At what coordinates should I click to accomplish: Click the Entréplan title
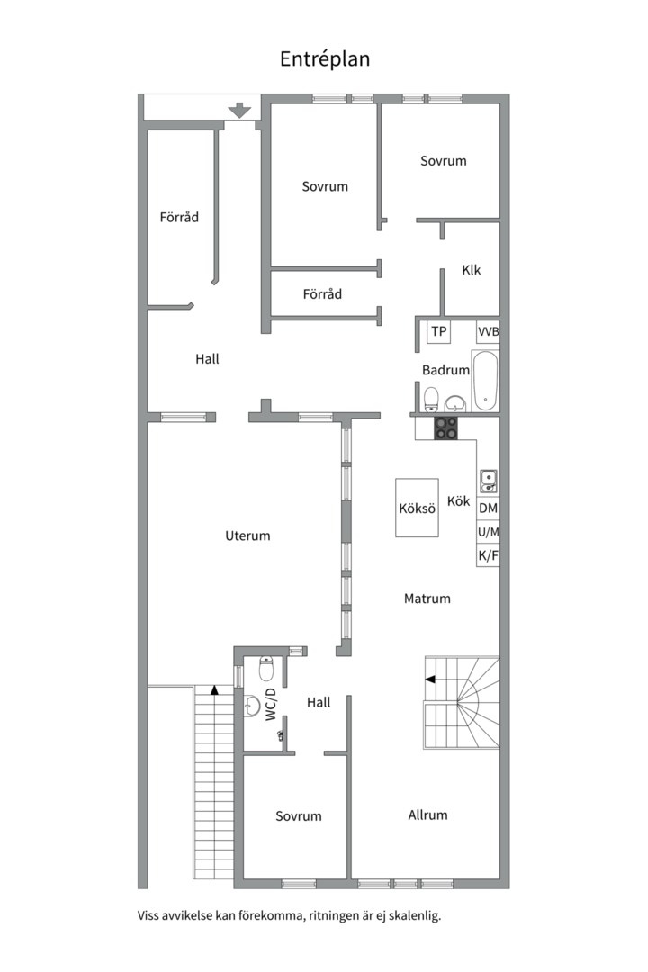325,58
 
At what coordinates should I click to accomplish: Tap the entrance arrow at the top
239,111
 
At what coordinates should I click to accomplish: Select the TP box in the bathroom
439,331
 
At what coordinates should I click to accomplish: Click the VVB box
488,331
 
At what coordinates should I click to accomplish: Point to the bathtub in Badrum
485,381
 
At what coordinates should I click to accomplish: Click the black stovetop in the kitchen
445,428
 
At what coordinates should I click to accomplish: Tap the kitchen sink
488,481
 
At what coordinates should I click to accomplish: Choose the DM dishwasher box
488,508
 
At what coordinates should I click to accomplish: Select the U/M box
488,532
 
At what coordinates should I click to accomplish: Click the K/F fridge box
488,555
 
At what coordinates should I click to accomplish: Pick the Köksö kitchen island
418,508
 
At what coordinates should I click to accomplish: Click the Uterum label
247,535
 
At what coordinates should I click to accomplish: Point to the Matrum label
427,598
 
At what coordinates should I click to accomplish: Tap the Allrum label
427,815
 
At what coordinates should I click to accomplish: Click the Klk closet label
472,270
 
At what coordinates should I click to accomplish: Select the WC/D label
271,705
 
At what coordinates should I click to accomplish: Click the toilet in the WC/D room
266,668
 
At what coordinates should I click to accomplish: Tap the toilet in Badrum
430,400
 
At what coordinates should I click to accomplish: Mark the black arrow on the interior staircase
429,680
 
